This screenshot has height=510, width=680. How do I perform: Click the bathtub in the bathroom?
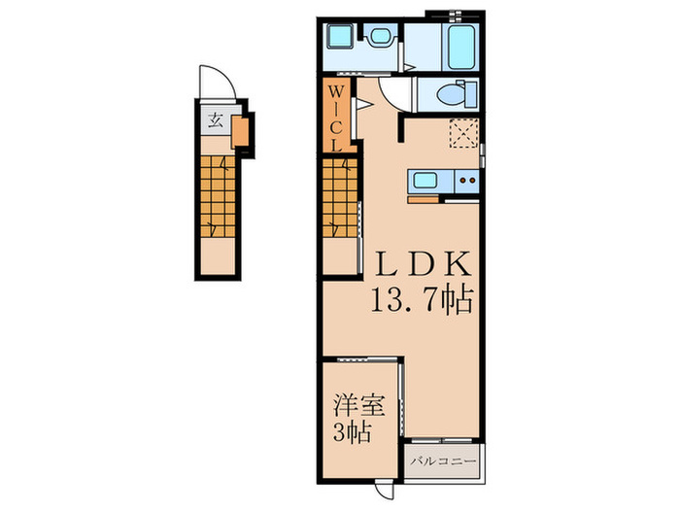(459, 47)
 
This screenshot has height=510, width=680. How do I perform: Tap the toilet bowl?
(451, 95)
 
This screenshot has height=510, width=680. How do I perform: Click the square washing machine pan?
(340, 40)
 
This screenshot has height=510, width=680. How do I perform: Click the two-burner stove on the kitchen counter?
(466, 180)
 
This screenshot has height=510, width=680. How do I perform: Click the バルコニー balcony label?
(442, 460)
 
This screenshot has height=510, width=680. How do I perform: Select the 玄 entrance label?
(213, 122)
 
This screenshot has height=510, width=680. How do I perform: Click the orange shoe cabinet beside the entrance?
(240, 128)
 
